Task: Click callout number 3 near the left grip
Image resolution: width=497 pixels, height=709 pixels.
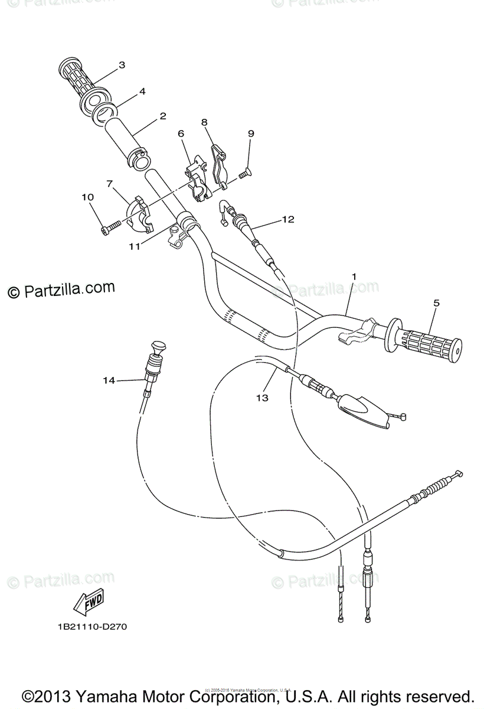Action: [x=122, y=65]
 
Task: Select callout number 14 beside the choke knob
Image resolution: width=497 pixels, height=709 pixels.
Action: [x=109, y=381]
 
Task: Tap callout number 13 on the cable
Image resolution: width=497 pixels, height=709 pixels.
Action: [x=262, y=398]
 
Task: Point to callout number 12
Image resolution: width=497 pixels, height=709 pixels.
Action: [x=287, y=219]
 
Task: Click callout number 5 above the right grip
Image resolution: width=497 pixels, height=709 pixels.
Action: [x=436, y=303]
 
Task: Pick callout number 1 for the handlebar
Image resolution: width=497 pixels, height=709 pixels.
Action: [x=354, y=276]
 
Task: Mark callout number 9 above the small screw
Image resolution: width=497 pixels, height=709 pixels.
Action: [x=251, y=134]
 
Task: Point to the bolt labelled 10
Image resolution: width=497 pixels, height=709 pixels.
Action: [x=110, y=226]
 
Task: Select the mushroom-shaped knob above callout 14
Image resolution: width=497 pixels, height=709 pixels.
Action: [x=158, y=347]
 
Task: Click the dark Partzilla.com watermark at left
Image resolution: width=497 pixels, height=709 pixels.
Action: [x=61, y=290]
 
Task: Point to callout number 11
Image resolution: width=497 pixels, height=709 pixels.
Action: [x=135, y=246]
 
